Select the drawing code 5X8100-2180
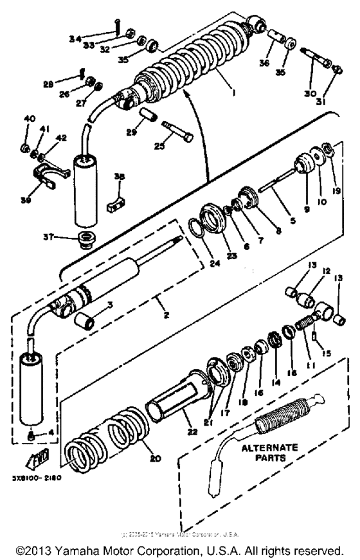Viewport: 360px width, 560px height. (49, 478)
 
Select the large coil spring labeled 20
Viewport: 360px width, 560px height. (103, 437)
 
